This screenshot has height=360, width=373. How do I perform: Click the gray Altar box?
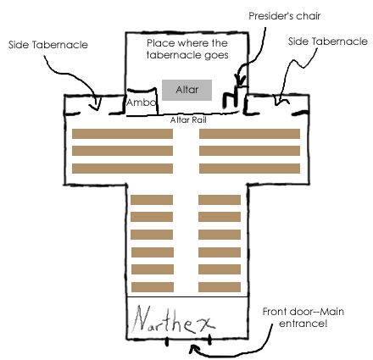coord(186,90)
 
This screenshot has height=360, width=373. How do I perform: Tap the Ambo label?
coord(141,102)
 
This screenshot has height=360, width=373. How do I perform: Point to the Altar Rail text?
coord(188,120)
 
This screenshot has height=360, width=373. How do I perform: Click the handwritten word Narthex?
coord(174,320)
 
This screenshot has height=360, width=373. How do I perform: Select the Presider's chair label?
coord(285,16)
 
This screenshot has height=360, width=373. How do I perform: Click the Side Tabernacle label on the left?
coord(48,45)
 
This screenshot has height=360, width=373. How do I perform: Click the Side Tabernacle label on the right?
coord(328,42)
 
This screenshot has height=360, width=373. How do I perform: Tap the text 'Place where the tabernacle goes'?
coord(187,49)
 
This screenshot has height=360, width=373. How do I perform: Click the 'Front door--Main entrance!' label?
coord(303,318)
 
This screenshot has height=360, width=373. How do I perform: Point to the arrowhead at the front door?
coord(193,349)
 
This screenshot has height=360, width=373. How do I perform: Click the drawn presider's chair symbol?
coord(235,97)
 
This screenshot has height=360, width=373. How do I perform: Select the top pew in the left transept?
coord(122,134)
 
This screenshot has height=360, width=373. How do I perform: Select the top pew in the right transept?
coord(249,134)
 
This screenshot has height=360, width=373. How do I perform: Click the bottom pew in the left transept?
coord(122,169)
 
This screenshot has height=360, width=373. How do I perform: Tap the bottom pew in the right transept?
coord(249,169)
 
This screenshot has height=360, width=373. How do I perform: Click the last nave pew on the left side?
coord(153,287)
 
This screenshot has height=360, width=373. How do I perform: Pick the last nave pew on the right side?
coord(220,287)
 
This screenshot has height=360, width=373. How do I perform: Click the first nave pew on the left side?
coord(152,200)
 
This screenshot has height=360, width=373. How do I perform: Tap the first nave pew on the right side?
coord(220,200)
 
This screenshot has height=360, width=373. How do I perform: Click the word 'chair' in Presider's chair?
coord(307,16)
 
